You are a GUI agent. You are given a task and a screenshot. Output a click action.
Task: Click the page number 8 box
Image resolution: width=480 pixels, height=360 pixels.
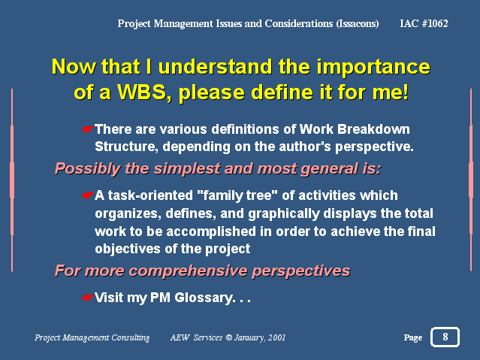pyautogui.click(x=445, y=337)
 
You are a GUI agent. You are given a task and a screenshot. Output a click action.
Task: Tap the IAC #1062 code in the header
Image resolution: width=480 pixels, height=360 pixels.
pyautogui.click(x=424, y=23)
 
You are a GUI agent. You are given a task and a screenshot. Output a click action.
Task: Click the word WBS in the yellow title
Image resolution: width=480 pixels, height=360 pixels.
pyautogui.click(x=142, y=91)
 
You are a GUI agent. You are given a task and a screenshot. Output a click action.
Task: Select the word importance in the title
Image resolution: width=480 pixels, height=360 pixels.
pyautogui.click(x=373, y=67)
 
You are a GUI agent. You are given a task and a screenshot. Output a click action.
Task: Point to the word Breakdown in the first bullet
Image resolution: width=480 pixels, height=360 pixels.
pyautogui.click(x=373, y=129)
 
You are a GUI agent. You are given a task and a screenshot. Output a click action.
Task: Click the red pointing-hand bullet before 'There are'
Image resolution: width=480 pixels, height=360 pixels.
pyautogui.click(x=87, y=129)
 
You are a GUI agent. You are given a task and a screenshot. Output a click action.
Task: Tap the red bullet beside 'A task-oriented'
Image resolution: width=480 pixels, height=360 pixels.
pyautogui.click(x=87, y=195)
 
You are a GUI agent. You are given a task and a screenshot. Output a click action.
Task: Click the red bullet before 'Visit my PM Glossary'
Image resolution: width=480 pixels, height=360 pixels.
pyautogui.click(x=87, y=298)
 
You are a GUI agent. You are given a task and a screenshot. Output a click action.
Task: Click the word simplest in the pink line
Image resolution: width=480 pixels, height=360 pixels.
pyautogui.click(x=187, y=169)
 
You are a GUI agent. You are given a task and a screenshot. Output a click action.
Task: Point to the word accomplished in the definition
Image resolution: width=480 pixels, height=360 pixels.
pyautogui.click(x=211, y=231)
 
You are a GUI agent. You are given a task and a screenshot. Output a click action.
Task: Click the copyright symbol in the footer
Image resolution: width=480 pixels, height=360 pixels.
pyautogui.click(x=228, y=337)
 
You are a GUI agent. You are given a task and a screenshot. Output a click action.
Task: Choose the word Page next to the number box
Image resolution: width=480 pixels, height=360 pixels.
pyautogui.click(x=413, y=338)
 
